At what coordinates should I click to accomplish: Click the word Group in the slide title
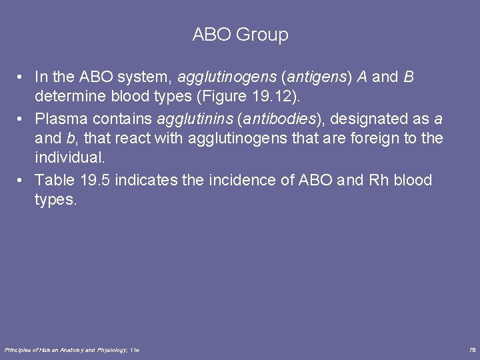point(264,35)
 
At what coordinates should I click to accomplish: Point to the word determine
point(67,97)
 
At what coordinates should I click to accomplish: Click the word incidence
point(226,181)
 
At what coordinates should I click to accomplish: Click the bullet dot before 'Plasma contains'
point(21,119)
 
